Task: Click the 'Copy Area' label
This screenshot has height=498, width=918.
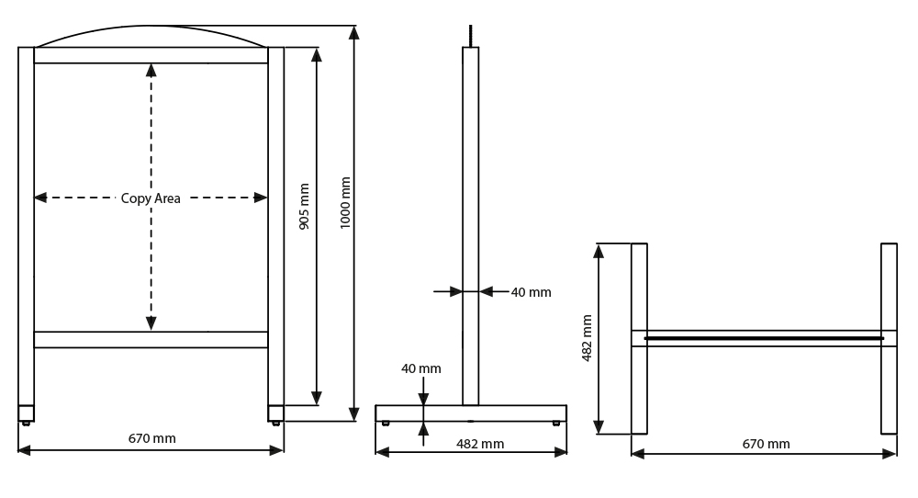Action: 151,198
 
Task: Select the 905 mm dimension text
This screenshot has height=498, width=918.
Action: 304,206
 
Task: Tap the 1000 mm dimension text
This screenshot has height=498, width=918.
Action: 345,203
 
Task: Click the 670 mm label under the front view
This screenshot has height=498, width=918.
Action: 151,438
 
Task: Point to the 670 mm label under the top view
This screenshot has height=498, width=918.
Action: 766,444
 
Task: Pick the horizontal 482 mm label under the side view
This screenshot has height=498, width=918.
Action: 480,444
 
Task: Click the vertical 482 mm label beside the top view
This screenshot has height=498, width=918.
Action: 587,338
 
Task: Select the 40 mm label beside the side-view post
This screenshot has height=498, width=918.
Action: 531,292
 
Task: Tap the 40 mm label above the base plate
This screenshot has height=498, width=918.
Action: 421,368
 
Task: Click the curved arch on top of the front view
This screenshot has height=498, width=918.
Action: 151,27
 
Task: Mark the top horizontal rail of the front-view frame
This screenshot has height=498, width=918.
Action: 151,55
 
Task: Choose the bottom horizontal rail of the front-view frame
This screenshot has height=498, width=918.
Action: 151,340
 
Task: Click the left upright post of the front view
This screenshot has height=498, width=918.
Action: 27,226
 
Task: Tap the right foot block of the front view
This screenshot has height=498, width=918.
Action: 275,413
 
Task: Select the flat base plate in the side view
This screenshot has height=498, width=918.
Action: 471,413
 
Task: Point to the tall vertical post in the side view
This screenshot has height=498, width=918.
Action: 471,226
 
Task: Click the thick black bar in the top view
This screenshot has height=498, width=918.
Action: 764,338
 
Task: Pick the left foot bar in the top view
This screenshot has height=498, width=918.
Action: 639,339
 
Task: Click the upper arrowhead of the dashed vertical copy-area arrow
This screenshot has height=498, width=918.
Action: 151,71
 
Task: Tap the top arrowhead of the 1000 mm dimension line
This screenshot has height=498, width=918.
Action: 353,33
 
